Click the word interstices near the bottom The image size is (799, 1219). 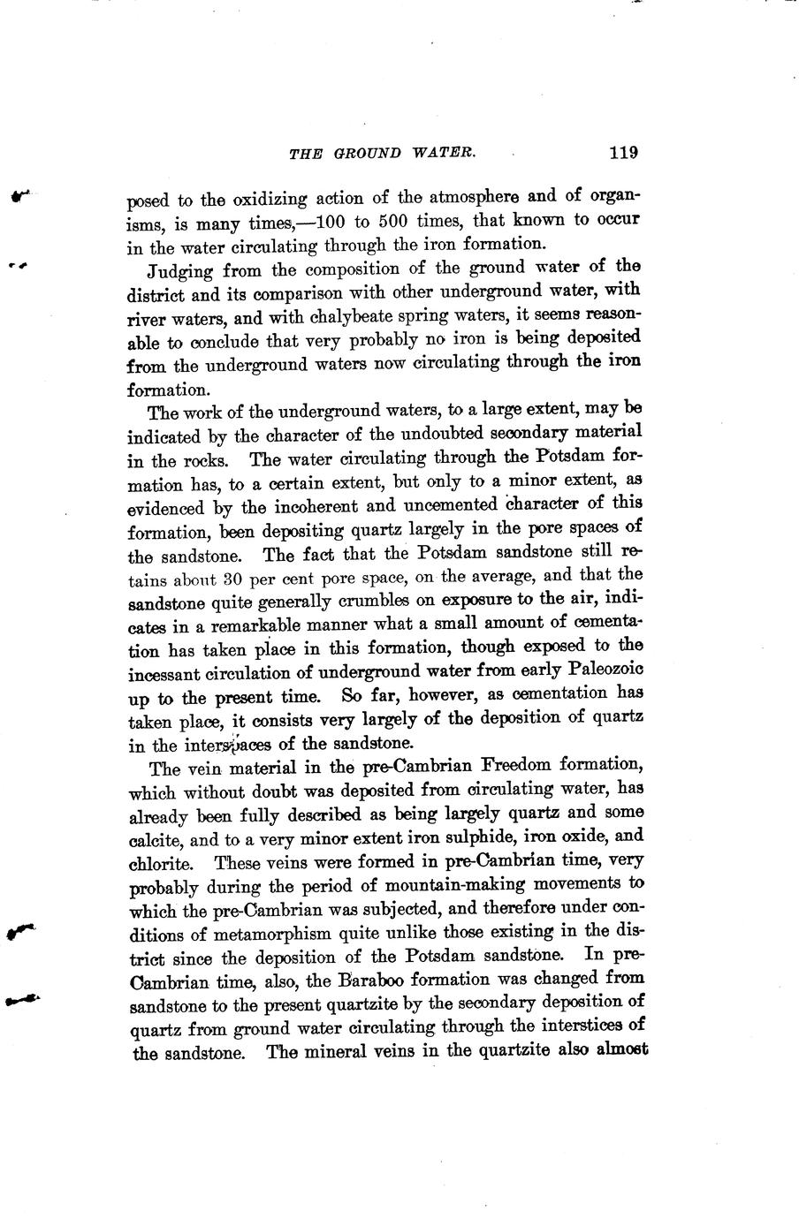click(580, 1026)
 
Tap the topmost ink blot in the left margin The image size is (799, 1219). click(19, 196)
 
